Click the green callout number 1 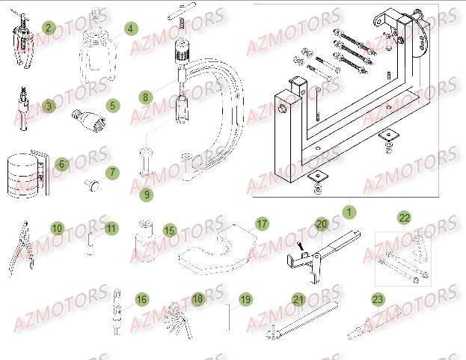[x=347, y=213]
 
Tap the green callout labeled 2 [x=49, y=28]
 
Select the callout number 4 [x=130, y=28]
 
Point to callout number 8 [x=145, y=97]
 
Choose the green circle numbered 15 [x=170, y=231]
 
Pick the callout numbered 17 [x=262, y=224]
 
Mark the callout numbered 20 [x=321, y=224]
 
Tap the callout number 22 [x=404, y=218]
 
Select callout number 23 [x=377, y=299]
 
